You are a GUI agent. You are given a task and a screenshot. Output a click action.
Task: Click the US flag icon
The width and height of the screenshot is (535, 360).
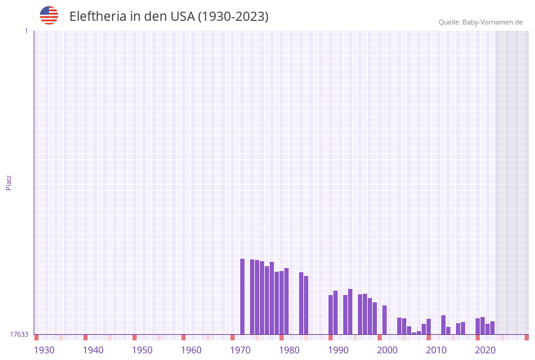point(49,15)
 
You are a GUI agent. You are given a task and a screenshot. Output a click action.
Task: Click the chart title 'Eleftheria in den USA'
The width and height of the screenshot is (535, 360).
point(169,17)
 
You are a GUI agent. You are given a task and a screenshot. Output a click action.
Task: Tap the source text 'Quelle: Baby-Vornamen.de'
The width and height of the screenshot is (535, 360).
point(480,22)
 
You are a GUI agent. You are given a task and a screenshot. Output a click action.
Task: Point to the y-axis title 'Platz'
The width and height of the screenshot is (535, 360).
point(9,182)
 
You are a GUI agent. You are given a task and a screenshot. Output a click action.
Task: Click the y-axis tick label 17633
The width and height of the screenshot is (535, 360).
point(19,334)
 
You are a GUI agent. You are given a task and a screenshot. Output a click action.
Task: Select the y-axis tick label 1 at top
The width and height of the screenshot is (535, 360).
point(26,31)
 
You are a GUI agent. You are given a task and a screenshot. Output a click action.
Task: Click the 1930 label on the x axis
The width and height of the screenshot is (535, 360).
point(44,350)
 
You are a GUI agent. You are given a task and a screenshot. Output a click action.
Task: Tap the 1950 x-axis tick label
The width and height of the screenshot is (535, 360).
point(142,350)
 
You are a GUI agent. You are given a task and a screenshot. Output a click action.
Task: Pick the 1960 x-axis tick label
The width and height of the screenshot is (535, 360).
point(191,350)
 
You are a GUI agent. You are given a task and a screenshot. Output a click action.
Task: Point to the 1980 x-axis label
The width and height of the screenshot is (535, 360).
point(289,350)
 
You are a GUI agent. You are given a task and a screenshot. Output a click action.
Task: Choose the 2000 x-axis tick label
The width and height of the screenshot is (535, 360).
point(387,350)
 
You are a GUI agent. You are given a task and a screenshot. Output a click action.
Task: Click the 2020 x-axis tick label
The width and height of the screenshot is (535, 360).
point(485,350)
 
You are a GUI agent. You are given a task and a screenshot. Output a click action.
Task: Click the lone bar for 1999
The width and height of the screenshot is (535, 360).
point(384,320)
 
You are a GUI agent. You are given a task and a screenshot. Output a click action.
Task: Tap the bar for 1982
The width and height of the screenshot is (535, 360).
point(301,303)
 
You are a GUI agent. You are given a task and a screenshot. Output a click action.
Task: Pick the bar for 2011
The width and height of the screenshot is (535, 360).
point(443,324)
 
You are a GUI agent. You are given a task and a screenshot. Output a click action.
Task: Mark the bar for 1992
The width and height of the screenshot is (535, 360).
point(350,312)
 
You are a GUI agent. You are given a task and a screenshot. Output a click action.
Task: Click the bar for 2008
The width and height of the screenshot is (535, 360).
point(428,326)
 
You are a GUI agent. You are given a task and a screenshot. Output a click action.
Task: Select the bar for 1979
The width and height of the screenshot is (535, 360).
point(286,301)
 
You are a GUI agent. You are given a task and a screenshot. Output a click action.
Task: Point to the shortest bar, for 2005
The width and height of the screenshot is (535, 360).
point(414,333)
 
